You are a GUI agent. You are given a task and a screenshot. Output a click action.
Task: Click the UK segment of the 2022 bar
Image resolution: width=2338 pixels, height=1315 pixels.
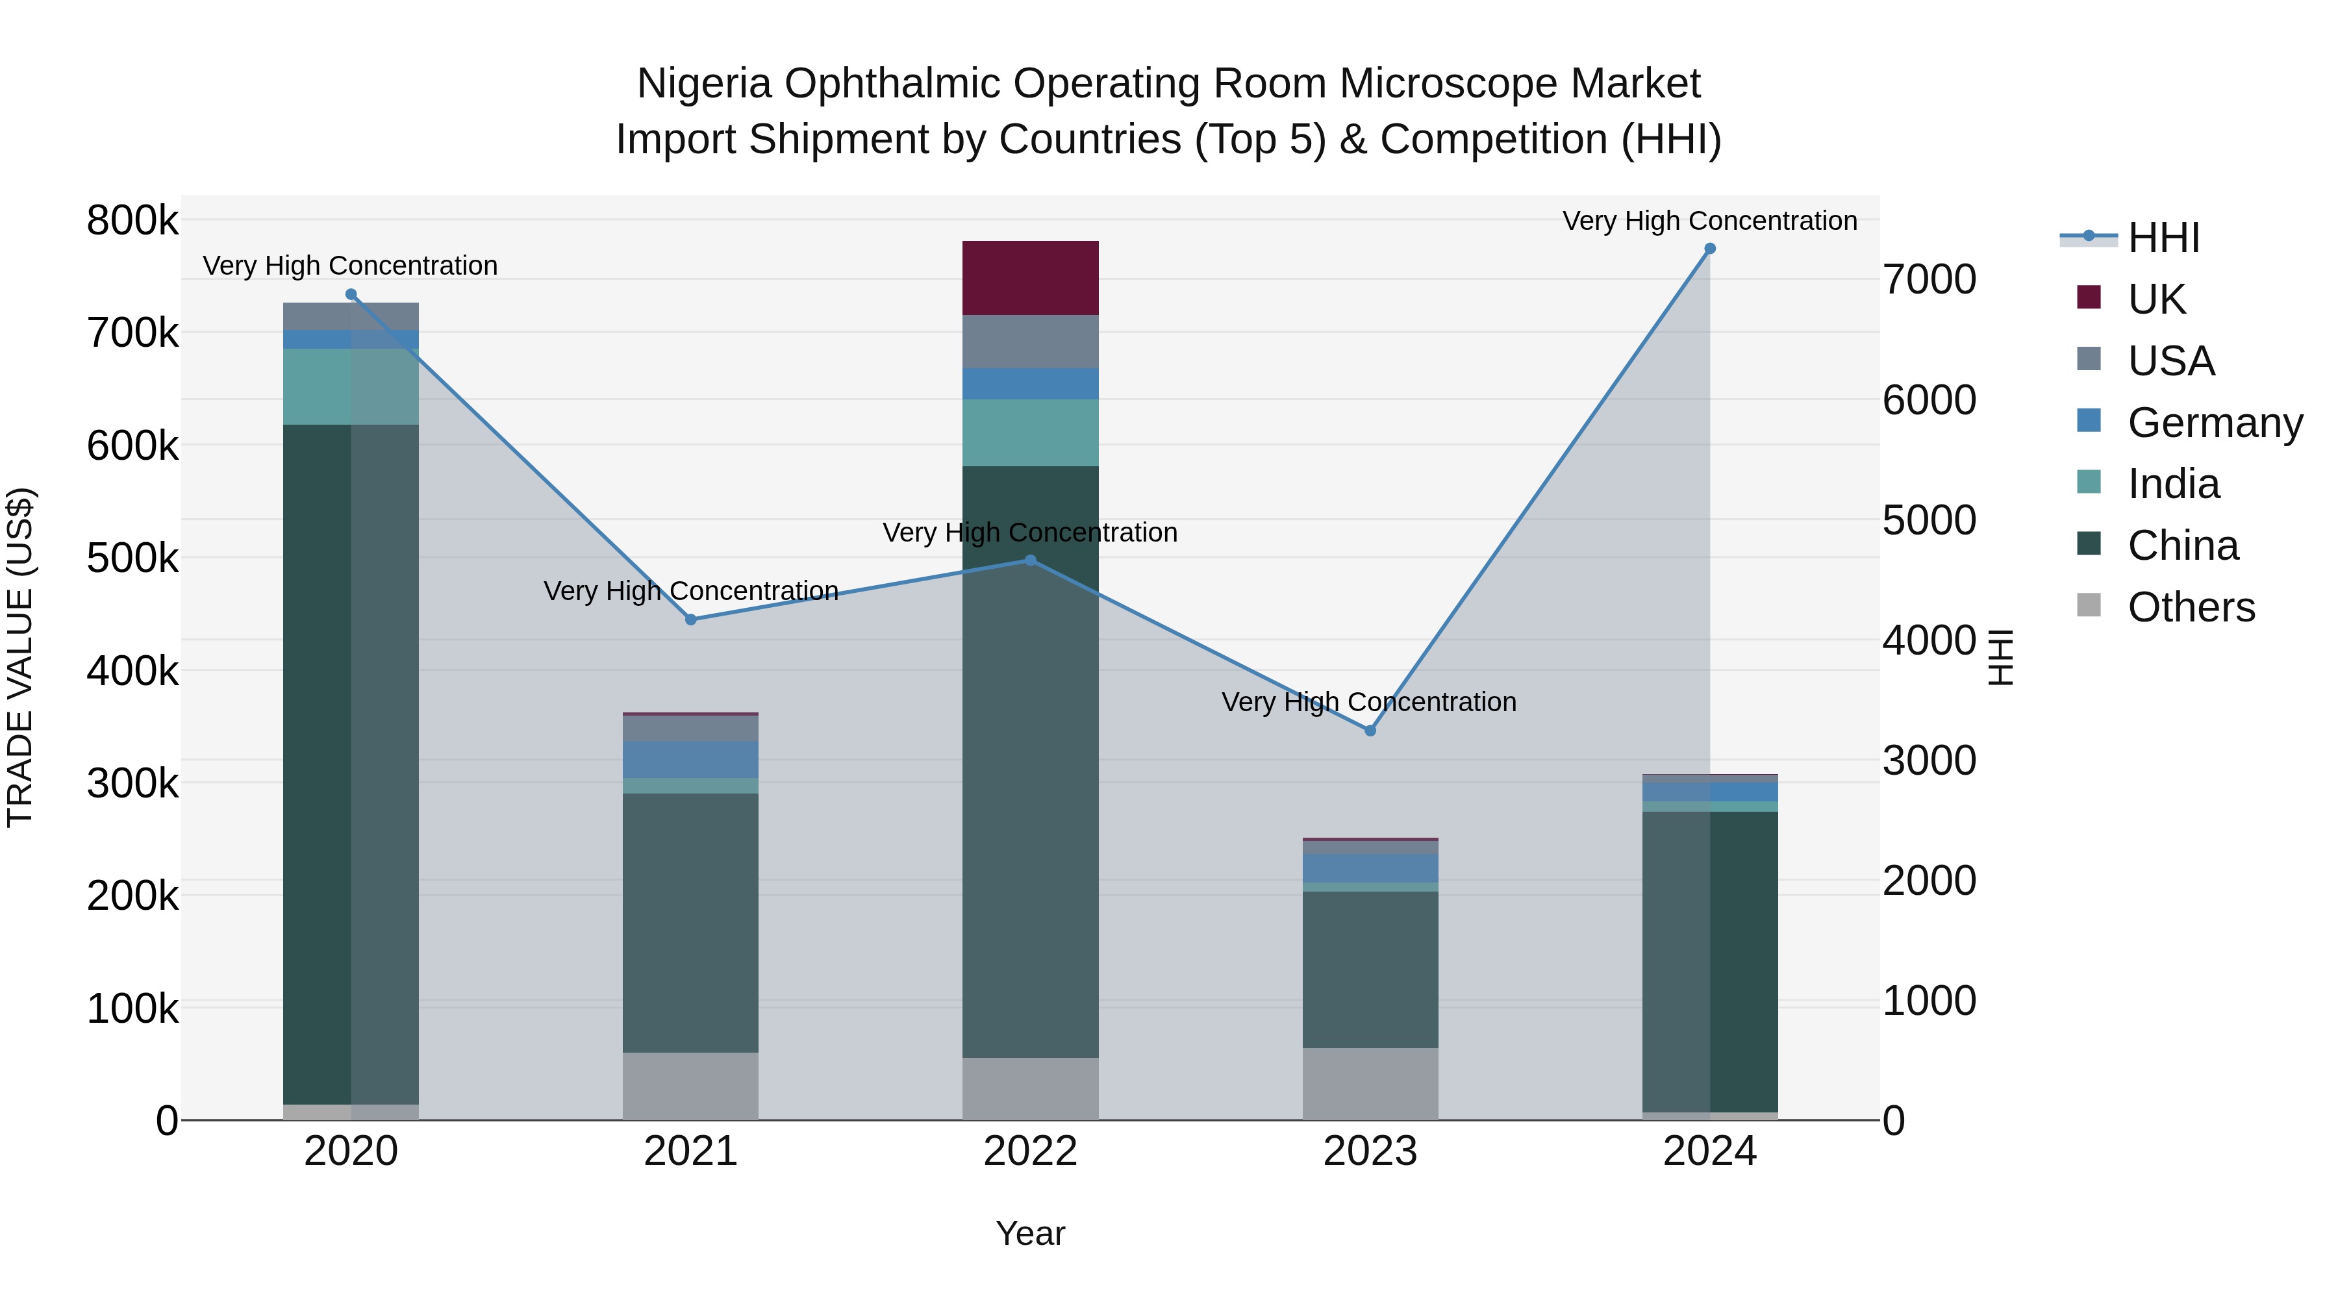pos(1030,278)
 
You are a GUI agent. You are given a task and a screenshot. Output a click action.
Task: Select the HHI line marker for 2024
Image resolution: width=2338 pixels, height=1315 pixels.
pos(1710,249)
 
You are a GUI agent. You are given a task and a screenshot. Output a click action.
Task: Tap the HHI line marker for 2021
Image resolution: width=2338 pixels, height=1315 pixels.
pos(691,620)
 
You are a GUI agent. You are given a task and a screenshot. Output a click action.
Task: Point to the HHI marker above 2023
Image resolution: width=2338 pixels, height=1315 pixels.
pos(1370,731)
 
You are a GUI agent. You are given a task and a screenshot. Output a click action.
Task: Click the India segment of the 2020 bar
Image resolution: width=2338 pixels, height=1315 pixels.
pos(351,386)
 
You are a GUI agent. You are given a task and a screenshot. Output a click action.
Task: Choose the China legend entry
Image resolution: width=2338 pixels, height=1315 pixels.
pos(2182,546)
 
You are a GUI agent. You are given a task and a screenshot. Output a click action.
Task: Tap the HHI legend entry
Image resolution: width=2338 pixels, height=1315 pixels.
pos(2163,238)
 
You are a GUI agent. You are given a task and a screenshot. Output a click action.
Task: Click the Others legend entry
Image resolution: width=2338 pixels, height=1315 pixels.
pos(2190,608)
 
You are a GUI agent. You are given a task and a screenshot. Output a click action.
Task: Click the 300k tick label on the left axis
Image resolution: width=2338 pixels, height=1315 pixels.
pos(132,784)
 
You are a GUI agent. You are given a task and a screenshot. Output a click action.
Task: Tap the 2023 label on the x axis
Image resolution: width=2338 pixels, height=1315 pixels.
pos(1370,1151)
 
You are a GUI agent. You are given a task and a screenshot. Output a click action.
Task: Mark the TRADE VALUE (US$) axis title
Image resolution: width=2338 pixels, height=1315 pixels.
pos(20,657)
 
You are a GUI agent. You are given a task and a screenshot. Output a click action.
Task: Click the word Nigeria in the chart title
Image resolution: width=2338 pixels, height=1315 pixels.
pos(704,84)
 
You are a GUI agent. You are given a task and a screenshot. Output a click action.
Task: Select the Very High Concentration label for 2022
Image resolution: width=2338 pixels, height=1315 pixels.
pos(1030,532)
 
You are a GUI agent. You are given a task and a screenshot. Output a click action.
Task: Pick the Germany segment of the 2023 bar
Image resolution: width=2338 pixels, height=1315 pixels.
pos(1370,868)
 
